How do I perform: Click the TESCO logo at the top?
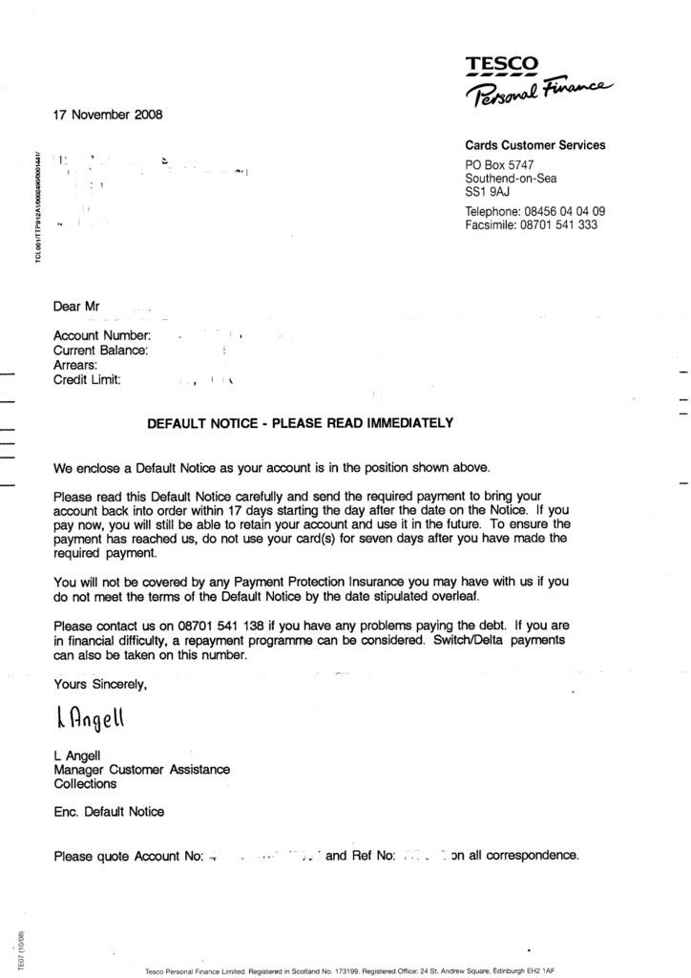click(x=502, y=66)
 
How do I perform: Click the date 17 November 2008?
click(x=108, y=115)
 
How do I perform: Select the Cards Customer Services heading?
click(x=534, y=145)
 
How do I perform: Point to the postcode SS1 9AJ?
click(x=488, y=191)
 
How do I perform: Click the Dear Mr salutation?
click(x=76, y=307)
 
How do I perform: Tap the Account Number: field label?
click(x=102, y=335)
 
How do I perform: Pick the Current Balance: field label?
click(x=101, y=351)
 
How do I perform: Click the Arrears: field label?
click(x=75, y=365)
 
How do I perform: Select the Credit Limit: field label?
click(x=88, y=380)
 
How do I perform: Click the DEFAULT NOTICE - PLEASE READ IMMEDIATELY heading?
click(x=300, y=423)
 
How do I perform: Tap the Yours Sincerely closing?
click(x=100, y=684)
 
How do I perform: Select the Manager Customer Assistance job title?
click(x=141, y=769)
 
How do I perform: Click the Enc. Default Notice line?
click(x=109, y=812)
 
